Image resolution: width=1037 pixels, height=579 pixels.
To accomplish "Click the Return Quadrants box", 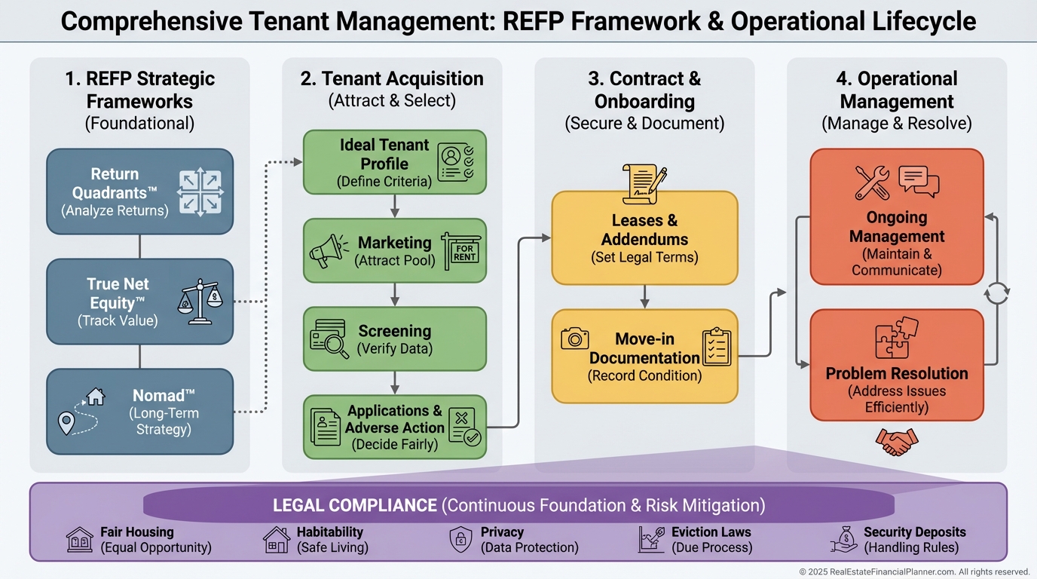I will coord(139,191).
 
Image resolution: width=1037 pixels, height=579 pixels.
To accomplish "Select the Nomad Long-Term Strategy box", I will coord(139,411).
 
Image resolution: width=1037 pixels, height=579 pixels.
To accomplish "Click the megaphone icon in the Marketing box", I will coord(329,251).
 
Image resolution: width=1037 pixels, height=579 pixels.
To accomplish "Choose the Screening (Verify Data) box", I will coord(394,339).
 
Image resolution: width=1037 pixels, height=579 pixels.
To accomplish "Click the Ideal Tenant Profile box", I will coord(394,162).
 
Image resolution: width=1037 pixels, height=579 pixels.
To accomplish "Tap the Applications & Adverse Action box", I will coord(394,427).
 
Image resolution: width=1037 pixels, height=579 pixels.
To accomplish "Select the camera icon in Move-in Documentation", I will coord(575,339).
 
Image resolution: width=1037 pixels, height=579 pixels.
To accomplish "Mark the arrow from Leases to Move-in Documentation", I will coord(644,296).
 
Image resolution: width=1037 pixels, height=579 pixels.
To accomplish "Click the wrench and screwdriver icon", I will coord(873,182).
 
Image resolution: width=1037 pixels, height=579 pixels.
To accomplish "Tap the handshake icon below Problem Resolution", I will coord(897,442).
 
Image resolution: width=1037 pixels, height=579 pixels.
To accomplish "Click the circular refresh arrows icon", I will coord(997,293).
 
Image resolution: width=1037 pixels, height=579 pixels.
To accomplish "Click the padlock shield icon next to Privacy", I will coord(460,540).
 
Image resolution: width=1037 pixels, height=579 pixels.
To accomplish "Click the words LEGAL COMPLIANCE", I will coord(354,505).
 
